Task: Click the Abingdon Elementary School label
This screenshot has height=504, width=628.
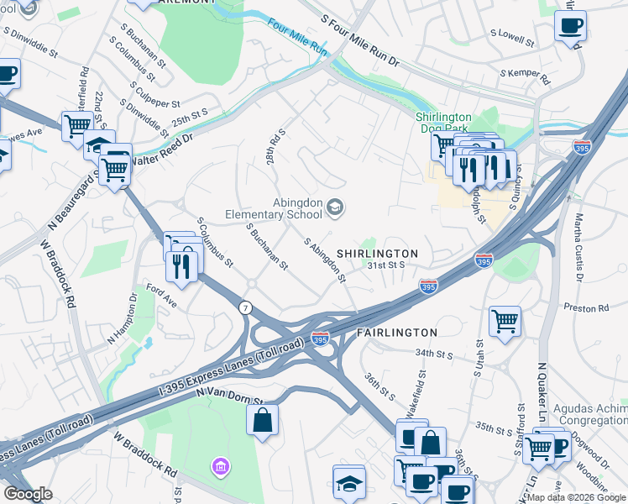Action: click(274, 207)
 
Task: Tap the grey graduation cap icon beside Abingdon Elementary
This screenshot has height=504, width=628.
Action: click(335, 207)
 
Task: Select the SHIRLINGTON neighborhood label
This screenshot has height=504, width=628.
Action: click(377, 253)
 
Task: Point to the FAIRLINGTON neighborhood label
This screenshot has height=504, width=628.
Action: click(396, 333)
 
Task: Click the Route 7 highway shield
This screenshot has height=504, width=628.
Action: click(245, 307)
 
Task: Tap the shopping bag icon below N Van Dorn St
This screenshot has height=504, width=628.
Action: click(263, 420)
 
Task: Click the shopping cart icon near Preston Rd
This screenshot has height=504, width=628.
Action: click(505, 320)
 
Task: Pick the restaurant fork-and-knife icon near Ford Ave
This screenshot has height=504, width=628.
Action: click(182, 265)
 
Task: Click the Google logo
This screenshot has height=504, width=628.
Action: click(28, 494)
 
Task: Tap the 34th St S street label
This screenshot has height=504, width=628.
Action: click(434, 354)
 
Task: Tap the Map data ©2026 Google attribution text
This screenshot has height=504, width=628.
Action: click(576, 497)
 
